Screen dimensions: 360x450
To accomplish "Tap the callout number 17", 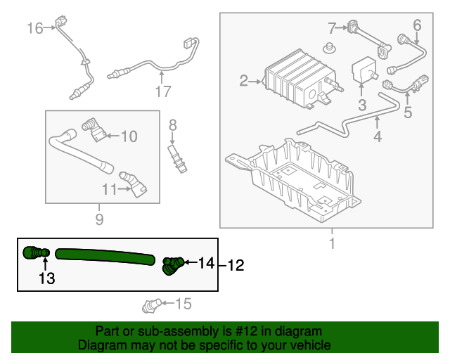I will (x=163, y=91).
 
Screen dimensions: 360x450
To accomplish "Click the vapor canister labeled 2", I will (x=292, y=82).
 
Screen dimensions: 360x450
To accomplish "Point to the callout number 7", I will (x=333, y=28).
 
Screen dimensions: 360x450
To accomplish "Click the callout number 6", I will (x=416, y=26).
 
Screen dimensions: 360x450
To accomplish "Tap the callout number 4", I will (x=378, y=136).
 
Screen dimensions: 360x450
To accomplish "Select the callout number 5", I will (x=407, y=112).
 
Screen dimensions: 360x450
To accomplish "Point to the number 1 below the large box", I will (x=332, y=244).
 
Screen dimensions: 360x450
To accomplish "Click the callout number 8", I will (x=172, y=127).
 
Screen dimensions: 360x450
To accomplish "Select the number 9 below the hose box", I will (x=99, y=220).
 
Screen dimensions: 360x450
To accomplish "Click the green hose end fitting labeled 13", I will (x=35, y=253).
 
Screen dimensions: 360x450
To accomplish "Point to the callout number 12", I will (x=235, y=266).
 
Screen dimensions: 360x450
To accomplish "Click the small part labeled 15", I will (x=152, y=304).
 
